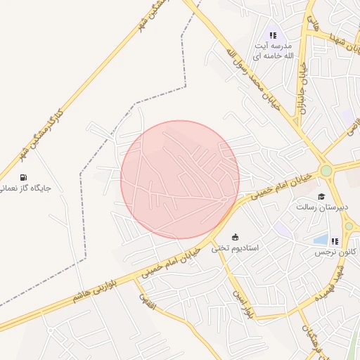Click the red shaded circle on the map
tap(180, 180)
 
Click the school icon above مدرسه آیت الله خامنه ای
tap(273, 34)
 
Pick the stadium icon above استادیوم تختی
tap(235, 237)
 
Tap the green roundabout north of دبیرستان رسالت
tap(326, 171)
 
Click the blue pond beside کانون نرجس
tap(321, 240)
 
